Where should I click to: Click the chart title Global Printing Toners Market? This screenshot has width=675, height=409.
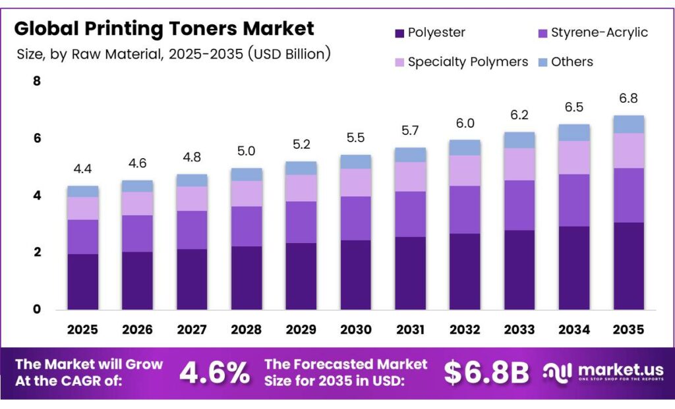coord(164,28)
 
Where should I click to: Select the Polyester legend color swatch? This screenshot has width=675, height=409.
coord(399,33)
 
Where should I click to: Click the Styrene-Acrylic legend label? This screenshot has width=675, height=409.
coord(599,32)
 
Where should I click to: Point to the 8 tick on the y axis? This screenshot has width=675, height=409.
coord(36,82)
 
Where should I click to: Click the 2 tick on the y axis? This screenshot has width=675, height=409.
coord(36,252)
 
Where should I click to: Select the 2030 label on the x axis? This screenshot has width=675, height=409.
coord(356,329)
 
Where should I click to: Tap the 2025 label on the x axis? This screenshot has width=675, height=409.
coord(82,329)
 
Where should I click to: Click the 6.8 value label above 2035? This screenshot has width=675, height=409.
coord(628,99)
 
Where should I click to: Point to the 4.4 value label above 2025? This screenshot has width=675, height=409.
coord(82,169)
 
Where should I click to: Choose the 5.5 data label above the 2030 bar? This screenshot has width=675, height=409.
coord(356,139)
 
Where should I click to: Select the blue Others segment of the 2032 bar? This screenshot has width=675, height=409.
coord(465,147)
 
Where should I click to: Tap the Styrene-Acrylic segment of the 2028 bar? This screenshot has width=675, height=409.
coord(247,226)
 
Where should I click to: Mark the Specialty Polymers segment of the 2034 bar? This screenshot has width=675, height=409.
coord(573,157)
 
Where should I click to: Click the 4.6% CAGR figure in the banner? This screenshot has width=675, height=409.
coord(214,373)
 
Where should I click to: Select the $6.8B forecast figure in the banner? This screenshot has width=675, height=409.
coord(486,373)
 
